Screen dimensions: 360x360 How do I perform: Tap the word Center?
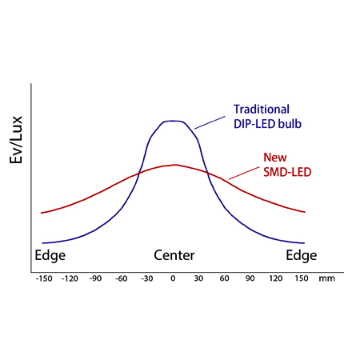tap(174, 256)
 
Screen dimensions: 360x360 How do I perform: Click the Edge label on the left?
tap(50, 256)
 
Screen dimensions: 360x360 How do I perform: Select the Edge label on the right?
tap(301, 256)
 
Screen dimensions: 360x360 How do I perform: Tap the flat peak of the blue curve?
tap(173, 122)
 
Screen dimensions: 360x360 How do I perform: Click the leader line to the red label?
tap(242, 171)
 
